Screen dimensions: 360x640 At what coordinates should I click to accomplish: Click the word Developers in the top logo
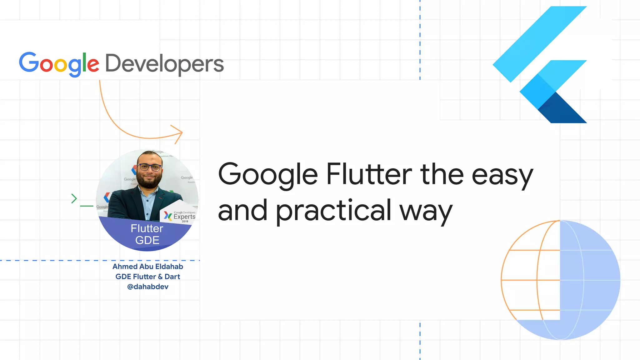164,64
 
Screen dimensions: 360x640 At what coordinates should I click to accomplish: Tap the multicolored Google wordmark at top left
59,64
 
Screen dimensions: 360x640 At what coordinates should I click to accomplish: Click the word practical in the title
333,211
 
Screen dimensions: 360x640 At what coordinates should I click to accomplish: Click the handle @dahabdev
148,287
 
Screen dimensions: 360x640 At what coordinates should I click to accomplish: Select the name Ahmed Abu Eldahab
148,267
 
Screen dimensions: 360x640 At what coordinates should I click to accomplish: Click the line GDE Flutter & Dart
148,277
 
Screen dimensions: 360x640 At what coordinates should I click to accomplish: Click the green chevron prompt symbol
74,198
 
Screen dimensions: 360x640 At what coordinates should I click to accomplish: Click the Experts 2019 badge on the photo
181,216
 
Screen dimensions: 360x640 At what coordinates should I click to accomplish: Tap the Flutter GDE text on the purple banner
147,234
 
